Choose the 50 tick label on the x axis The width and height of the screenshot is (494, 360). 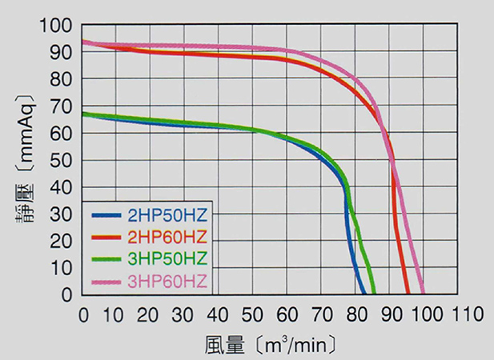[x=253, y=314]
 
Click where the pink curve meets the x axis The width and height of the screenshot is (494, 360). [x=422, y=294]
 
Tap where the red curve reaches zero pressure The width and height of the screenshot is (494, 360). [x=408, y=294]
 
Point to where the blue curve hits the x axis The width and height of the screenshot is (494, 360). [x=364, y=294]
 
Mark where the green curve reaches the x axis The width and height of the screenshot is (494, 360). [x=373, y=294]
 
